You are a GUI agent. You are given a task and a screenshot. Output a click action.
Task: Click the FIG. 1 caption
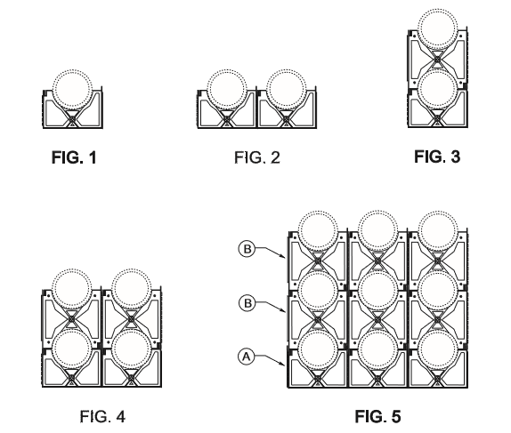(74, 157)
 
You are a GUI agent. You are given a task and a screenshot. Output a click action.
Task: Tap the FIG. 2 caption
(257, 157)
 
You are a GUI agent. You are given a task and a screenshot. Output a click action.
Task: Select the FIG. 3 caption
(437, 156)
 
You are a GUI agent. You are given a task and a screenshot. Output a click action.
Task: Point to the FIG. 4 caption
(102, 416)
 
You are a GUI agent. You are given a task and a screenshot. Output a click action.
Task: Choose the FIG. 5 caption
(377, 416)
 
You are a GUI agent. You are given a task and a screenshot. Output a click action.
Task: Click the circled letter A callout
(247, 357)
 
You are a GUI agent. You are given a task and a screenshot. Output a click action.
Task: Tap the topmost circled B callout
(247, 249)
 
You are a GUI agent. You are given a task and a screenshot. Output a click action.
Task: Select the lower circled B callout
(247, 303)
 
